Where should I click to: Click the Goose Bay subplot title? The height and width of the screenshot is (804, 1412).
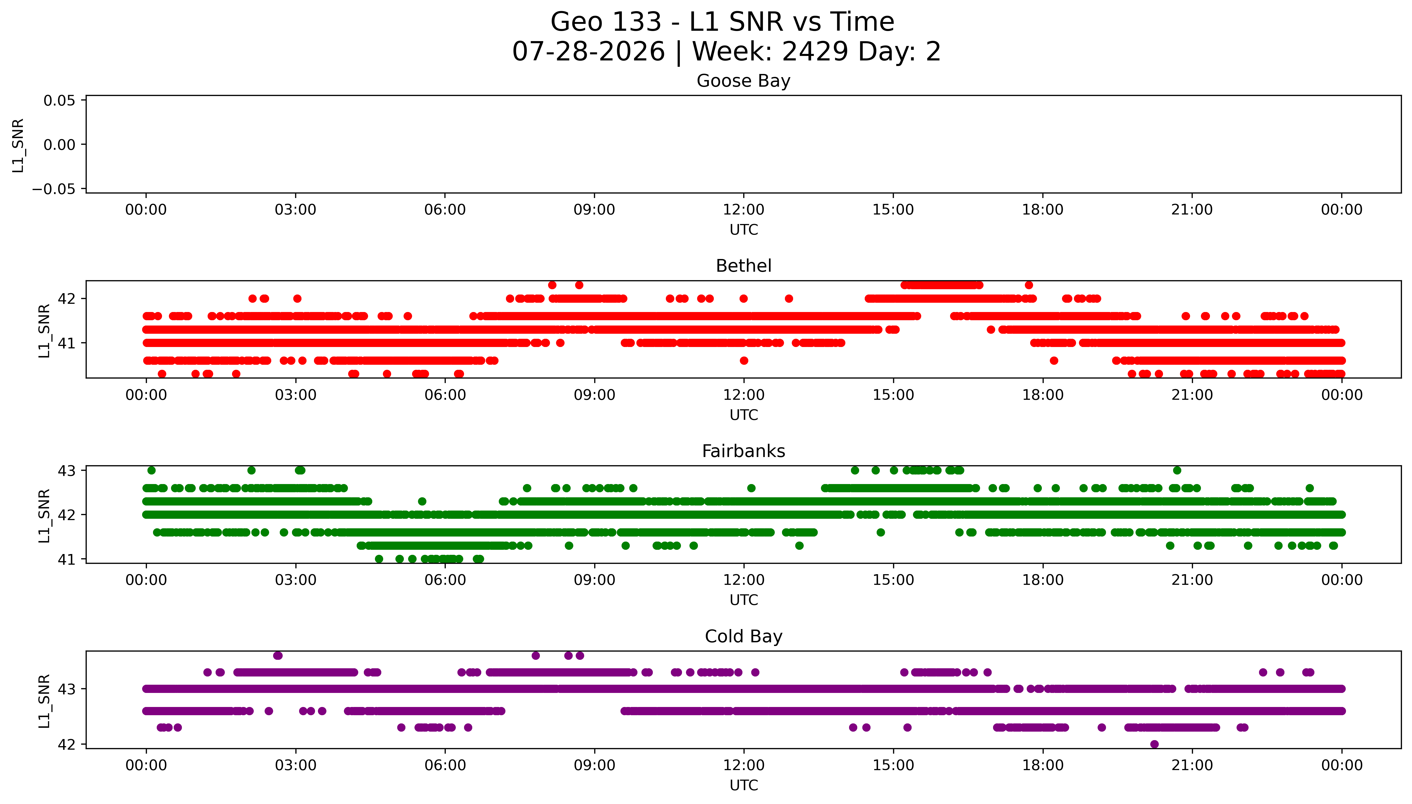coord(743,81)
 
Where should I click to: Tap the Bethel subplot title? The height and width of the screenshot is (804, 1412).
coord(743,266)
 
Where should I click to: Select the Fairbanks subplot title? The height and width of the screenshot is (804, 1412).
coord(743,451)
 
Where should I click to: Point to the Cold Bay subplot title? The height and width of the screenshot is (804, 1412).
coord(743,637)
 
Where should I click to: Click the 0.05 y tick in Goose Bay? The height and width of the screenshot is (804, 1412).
coord(60,100)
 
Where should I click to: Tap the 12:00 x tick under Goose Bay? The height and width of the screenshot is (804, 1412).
coord(743,210)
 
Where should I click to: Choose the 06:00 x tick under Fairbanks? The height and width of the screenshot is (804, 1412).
coord(444,580)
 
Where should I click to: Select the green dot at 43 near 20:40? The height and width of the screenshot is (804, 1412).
coord(1177,471)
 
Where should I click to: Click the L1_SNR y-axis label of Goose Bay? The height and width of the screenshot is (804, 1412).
coord(18,145)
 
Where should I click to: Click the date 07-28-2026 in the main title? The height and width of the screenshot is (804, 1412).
coord(589,52)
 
